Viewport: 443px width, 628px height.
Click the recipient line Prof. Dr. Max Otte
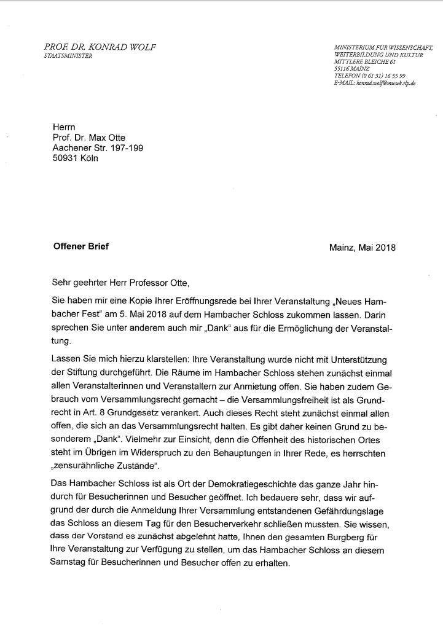[x=90, y=137]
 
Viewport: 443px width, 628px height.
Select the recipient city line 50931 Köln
[x=75, y=158]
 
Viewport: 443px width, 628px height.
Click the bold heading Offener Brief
[x=81, y=247]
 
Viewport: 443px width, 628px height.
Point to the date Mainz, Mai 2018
[x=363, y=248]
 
